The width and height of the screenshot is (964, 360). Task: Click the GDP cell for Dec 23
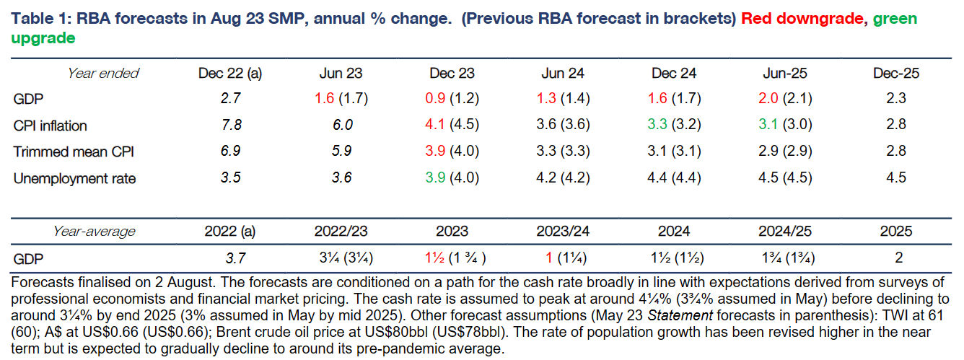(452, 99)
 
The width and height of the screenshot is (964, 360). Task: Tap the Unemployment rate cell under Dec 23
(452, 177)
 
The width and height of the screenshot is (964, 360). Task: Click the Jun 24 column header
(563, 73)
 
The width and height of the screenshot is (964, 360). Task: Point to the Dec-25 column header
(896, 73)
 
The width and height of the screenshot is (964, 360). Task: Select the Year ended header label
(103, 73)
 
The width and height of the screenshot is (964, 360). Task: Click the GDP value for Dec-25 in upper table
(896, 99)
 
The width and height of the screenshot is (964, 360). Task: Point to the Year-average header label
(94, 232)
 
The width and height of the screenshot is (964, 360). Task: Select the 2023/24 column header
(563, 232)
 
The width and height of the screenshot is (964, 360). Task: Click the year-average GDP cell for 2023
(452, 258)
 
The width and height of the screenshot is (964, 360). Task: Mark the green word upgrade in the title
(43, 38)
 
